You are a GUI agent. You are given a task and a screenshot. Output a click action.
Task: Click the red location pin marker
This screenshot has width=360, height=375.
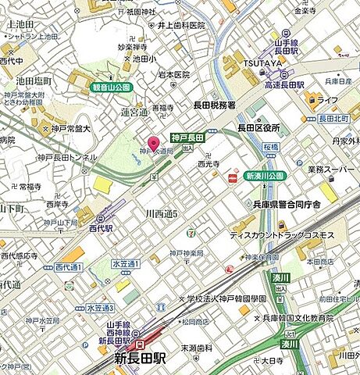coord(153,141)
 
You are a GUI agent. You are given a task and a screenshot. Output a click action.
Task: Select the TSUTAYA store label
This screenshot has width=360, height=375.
coord(262,64)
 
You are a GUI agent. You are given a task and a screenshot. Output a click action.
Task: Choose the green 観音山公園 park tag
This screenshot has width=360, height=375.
coord(112,87)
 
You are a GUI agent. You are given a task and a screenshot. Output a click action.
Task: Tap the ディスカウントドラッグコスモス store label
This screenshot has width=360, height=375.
coord(282,235)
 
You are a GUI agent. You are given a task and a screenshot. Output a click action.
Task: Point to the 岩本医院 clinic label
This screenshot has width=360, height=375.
coord(173,75)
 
